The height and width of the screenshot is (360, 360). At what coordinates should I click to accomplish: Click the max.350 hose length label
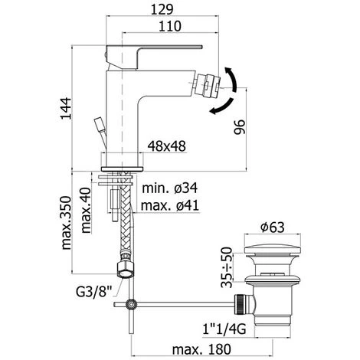pyautogui.click(x=67, y=222)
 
